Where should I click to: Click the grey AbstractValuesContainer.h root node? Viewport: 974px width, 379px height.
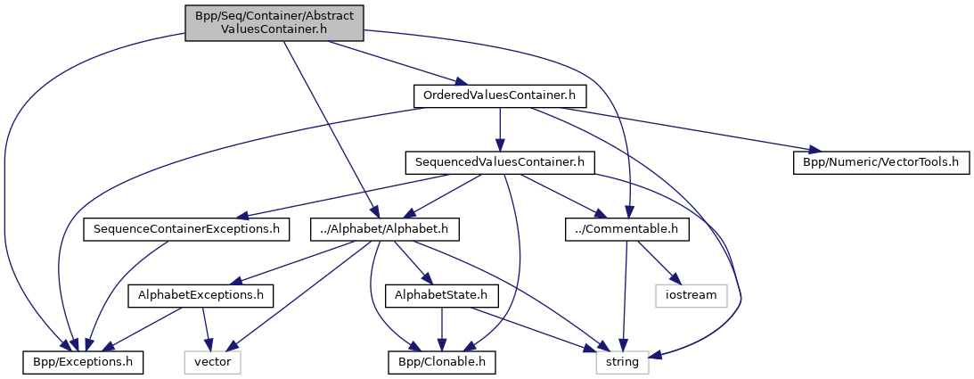(274, 23)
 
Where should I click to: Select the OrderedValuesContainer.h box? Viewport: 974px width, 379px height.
(499, 95)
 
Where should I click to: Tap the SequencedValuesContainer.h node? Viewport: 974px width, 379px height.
(499, 162)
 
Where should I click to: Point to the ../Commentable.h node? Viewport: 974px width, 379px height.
(627, 229)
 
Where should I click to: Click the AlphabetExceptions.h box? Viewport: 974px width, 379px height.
(201, 294)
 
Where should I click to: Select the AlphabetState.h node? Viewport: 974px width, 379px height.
(443, 294)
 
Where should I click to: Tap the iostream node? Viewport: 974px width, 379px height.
(691, 294)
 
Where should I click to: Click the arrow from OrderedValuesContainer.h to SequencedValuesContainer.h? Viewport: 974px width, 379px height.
(499, 128)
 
